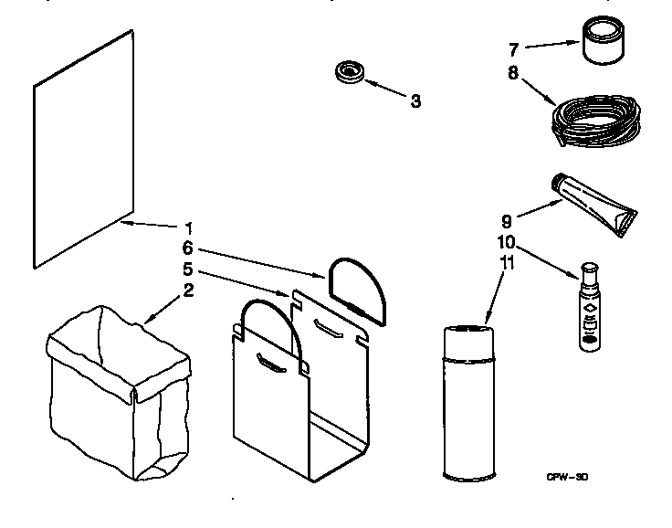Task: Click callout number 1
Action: [x=188, y=227]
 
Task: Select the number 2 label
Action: [x=189, y=290]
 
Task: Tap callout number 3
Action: [x=415, y=101]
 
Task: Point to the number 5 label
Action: [x=188, y=269]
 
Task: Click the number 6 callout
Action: [x=188, y=248]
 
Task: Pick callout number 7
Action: [x=514, y=49]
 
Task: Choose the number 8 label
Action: [x=513, y=73]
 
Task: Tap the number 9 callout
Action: [x=507, y=222]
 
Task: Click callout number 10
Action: [x=506, y=242]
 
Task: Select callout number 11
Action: [x=507, y=263]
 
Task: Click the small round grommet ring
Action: [x=350, y=72]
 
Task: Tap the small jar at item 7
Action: [x=604, y=40]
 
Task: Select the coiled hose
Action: [x=595, y=121]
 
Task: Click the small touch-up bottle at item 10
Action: [x=590, y=308]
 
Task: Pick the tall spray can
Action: [x=469, y=403]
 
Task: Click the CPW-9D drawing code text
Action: [x=567, y=477]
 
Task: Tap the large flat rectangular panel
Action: [x=84, y=149]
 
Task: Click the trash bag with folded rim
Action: [x=119, y=393]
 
